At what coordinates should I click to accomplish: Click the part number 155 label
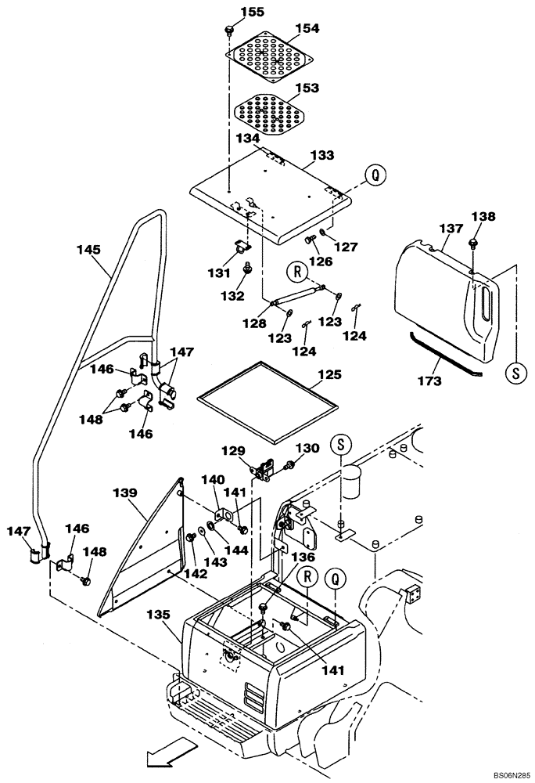click(235, 12)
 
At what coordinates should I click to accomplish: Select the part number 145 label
click(88, 250)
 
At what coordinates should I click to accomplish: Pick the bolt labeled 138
click(474, 243)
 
